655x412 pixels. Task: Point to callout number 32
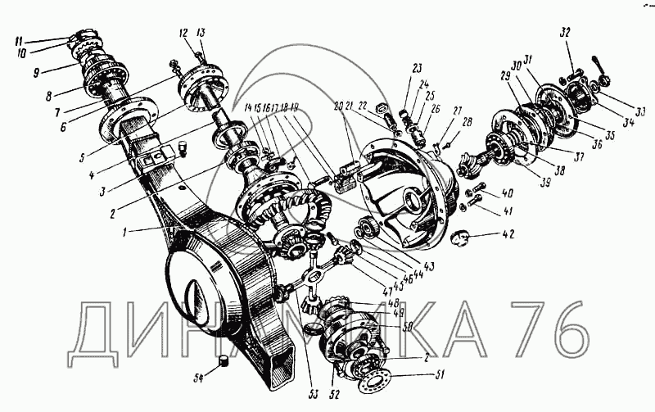point(565,34)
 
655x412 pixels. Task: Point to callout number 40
point(508,194)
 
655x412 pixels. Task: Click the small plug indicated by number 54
point(221,364)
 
